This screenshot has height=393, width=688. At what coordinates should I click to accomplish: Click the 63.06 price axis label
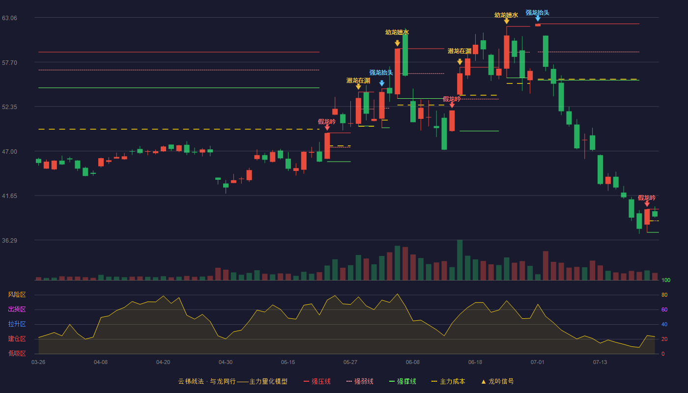click(x=9, y=18)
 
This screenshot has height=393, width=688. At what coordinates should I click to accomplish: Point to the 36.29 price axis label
click(x=9, y=240)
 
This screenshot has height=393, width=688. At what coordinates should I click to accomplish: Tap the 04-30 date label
click(x=226, y=363)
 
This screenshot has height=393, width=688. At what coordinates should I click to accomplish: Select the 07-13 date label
click(x=600, y=363)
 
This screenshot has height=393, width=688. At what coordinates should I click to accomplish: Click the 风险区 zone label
click(x=17, y=295)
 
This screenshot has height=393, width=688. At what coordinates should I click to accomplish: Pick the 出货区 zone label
click(x=17, y=309)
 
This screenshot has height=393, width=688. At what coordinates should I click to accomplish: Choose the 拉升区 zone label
click(x=17, y=324)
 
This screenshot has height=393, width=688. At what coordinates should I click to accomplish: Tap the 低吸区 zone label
click(x=17, y=353)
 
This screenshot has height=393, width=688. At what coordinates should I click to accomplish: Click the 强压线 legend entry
click(x=317, y=381)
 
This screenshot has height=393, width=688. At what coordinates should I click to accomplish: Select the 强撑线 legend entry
click(x=402, y=381)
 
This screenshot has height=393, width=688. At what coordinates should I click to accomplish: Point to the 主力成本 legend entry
click(x=448, y=381)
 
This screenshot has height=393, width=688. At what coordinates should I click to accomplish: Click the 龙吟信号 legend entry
click(x=497, y=381)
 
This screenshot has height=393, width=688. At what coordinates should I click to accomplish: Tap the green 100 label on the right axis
click(x=666, y=280)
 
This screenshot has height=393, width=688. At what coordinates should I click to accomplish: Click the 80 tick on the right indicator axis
click(x=664, y=295)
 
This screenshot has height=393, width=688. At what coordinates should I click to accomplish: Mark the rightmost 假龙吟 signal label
click(x=647, y=197)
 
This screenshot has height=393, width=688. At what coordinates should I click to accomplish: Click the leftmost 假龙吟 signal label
click(x=327, y=122)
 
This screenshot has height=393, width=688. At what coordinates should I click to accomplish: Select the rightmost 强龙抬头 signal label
click(x=538, y=13)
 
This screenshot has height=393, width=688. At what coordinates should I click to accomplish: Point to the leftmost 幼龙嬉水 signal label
click(x=397, y=32)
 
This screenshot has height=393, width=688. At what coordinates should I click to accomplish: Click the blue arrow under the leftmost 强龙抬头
click(x=382, y=83)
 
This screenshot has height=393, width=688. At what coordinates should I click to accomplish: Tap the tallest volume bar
click(x=460, y=260)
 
